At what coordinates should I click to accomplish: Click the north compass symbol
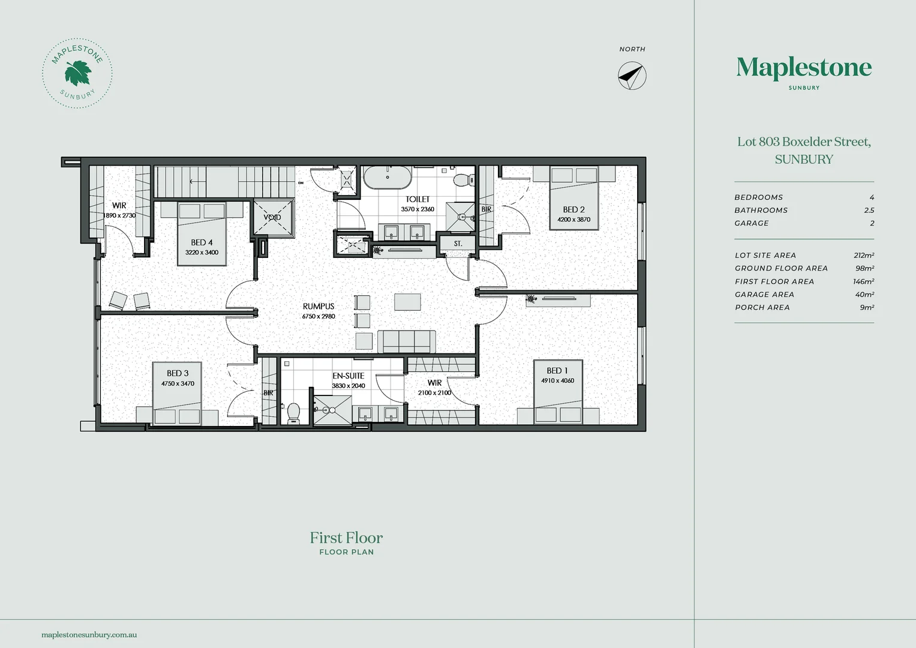(x=632, y=76)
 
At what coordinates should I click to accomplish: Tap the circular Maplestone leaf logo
(x=77, y=73)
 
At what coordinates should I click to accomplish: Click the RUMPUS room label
(x=319, y=307)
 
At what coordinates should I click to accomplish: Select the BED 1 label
(x=557, y=371)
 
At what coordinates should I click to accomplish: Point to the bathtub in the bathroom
(x=388, y=177)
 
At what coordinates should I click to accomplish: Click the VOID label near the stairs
(x=272, y=217)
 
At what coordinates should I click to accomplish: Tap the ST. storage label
(x=458, y=244)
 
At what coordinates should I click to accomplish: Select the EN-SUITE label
(x=349, y=376)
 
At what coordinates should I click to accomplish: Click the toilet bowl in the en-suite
(x=293, y=412)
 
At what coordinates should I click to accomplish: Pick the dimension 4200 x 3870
(x=573, y=220)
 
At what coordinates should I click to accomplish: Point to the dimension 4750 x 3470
(x=178, y=383)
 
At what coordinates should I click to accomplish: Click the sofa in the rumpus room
(x=406, y=341)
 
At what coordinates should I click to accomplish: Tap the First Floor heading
(x=346, y=538)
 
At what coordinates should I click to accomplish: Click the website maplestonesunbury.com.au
(x=89, y=634)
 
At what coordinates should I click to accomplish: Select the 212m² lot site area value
(x=863, y=255)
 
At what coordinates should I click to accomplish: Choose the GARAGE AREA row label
(x=764, y=295)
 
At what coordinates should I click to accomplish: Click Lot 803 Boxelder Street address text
(x=804, y=142)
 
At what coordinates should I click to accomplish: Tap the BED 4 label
(x=202, y=242)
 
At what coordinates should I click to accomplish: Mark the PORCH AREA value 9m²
(x=867, y=308)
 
